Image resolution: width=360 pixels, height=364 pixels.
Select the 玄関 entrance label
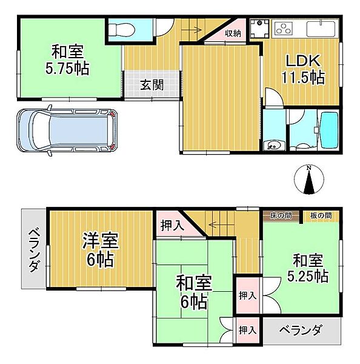pyautogui.click(x=152, y=85)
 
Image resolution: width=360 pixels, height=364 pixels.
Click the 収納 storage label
pyautogui.click(x=233, y=33)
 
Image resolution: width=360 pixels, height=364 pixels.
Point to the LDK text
pyautogui.click(x=303, y=61)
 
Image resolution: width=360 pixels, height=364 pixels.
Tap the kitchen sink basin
pyautogui.click(x=321, y=29)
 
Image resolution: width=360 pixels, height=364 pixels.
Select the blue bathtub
pyautogui.click(x=329, y=130)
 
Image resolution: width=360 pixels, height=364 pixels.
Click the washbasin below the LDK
pyautogui.click(x=273, y=146)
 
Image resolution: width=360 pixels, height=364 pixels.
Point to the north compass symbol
pyautogui.click(x=308, y=180)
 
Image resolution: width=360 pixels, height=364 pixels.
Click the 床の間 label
pyautogui.click(x=281, y=216)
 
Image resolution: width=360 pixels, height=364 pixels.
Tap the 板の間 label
pyautogui.click(x=321, y=216)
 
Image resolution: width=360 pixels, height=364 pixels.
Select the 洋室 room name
pyautogui.click(x=101, y=240)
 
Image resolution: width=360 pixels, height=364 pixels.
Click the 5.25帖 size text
pyautogui.click(x=308, y=276)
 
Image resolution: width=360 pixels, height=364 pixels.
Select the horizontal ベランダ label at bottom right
pyautogui.click(x=301, y=330)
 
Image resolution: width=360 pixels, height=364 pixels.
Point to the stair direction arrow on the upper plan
pyautogui.click(x=191, y=30)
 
